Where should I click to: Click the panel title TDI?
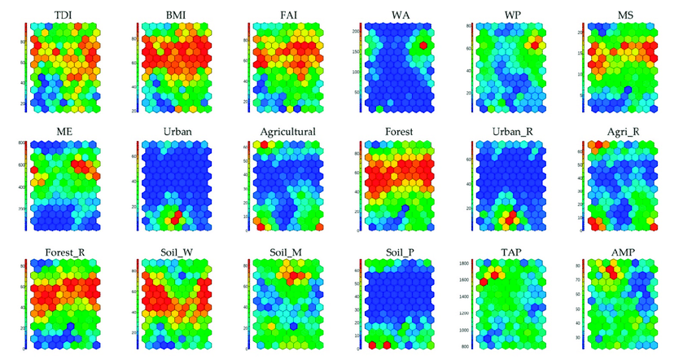[x=61, y=15]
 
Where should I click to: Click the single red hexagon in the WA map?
[x=423, y=46]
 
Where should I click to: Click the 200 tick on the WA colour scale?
[x=356, y=30]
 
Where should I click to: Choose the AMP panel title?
[x=627, y=251]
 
